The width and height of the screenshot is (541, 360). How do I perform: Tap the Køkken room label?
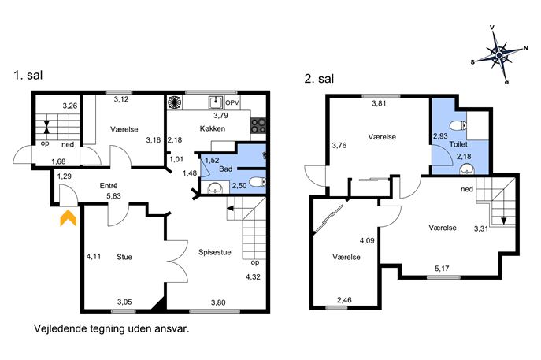(x=213, y=128)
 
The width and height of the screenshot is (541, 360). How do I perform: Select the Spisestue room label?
(x=215, y=252)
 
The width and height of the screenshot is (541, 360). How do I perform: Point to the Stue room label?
(x=124, y=257)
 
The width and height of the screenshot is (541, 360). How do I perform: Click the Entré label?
(x=109, y=186)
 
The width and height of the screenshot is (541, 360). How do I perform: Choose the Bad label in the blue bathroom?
(x=226, y=169)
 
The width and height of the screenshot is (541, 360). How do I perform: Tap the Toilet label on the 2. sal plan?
(x=458, y=144)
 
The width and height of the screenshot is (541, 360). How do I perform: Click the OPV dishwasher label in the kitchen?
(x=232, y=103)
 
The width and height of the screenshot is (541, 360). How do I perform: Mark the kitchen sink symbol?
(x=216, y=102)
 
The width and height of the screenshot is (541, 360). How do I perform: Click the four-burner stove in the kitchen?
(x=258, y=125)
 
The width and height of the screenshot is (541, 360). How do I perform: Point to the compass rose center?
(x=499, y=55)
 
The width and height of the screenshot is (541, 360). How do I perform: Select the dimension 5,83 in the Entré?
(x=114, y=196)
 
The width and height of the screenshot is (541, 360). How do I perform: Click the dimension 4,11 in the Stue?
(x=94, y=257)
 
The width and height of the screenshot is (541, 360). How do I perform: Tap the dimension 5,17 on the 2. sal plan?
(x=442, y=268)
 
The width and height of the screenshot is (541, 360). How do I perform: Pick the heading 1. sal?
(x=28, y=75)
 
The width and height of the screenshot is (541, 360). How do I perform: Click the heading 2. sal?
(x=319, y=78)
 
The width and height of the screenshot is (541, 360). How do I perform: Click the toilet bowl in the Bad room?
(x=258, y=182)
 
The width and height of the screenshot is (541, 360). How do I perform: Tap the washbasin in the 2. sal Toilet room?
(x=467, y=169)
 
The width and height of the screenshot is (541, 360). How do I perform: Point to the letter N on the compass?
(x=525, y=48)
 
